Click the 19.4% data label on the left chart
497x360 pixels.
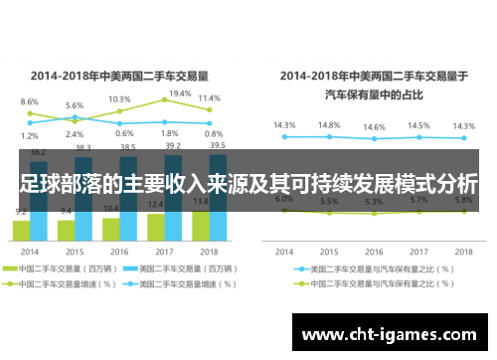[180, 93]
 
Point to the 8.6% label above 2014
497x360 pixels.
[30, 101]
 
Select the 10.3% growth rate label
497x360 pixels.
[119, 99]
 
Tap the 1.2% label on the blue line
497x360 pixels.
[30, 135]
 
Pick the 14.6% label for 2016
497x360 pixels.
[373, 127]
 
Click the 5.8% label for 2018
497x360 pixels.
[462, 200]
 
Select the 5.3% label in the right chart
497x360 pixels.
[373, 203]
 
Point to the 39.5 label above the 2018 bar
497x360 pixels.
[216, 144]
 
